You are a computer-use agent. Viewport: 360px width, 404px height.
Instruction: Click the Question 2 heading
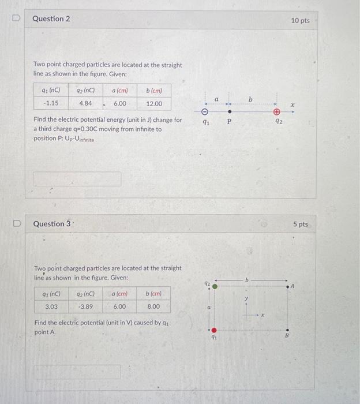pyautogui.click(x=51, y=19)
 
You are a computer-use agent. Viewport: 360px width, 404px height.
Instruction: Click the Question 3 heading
pyautogui.click(x=52, y=223)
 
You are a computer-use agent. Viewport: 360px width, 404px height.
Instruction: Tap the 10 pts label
pyautogui.click(x=300, y=21)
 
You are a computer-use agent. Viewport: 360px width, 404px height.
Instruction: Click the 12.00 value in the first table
pyautogui.click(x=154, y=104)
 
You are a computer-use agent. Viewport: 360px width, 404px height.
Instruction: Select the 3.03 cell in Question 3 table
pyautogui.click(x=51, y=306)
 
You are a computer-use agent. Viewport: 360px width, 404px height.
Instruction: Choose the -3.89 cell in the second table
pyautogui.click(x=85, y=306)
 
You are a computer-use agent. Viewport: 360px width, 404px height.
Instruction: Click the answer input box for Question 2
pyautogui.click(x=77, y=179)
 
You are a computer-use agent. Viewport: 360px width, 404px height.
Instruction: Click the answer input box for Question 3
pyautogui.click(x=77, y=372)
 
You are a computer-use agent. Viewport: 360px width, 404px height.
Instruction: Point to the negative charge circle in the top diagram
pyautogui.click(x=205, y=112)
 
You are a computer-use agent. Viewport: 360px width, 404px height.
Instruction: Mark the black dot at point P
pyautogui.click(x=230, y=112)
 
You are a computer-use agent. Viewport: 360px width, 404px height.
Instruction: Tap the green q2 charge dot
pyautogui.click(x=215, y=286)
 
